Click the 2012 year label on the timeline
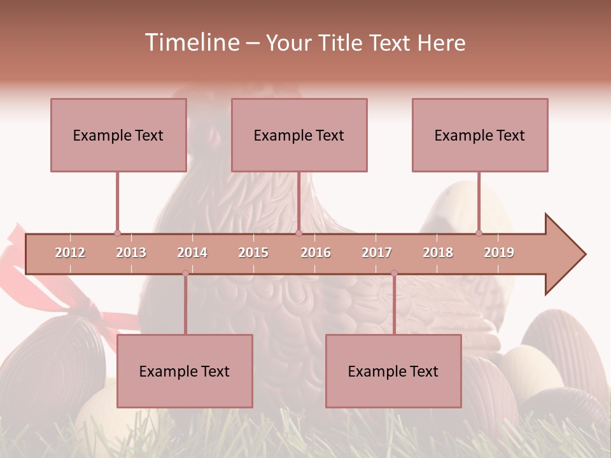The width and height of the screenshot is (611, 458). point(70,253)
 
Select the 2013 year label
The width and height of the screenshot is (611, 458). point(131,253)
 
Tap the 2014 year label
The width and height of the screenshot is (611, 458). point(192,253)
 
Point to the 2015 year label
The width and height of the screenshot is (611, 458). point(253,253)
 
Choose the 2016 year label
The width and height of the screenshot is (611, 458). point(316,253)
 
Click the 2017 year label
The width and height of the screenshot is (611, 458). point(377,253)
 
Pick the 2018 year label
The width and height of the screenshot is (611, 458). point(438,253)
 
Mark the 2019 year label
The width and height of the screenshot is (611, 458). point(499,253)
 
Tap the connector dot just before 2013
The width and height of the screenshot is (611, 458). point(117,233)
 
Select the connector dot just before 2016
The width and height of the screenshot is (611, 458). point(298,233)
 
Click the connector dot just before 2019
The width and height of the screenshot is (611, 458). point(479,233)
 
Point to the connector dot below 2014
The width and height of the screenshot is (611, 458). point(185,274)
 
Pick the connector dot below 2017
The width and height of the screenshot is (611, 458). point(394,274)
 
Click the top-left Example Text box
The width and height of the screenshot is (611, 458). point(118,135)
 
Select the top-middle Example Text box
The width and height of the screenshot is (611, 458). point(299,135)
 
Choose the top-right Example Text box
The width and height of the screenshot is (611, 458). point(480,135)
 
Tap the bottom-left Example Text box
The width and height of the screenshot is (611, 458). point(185,371)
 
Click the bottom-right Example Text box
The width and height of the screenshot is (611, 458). point(393,371)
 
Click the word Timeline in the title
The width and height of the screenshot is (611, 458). point(191,43)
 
